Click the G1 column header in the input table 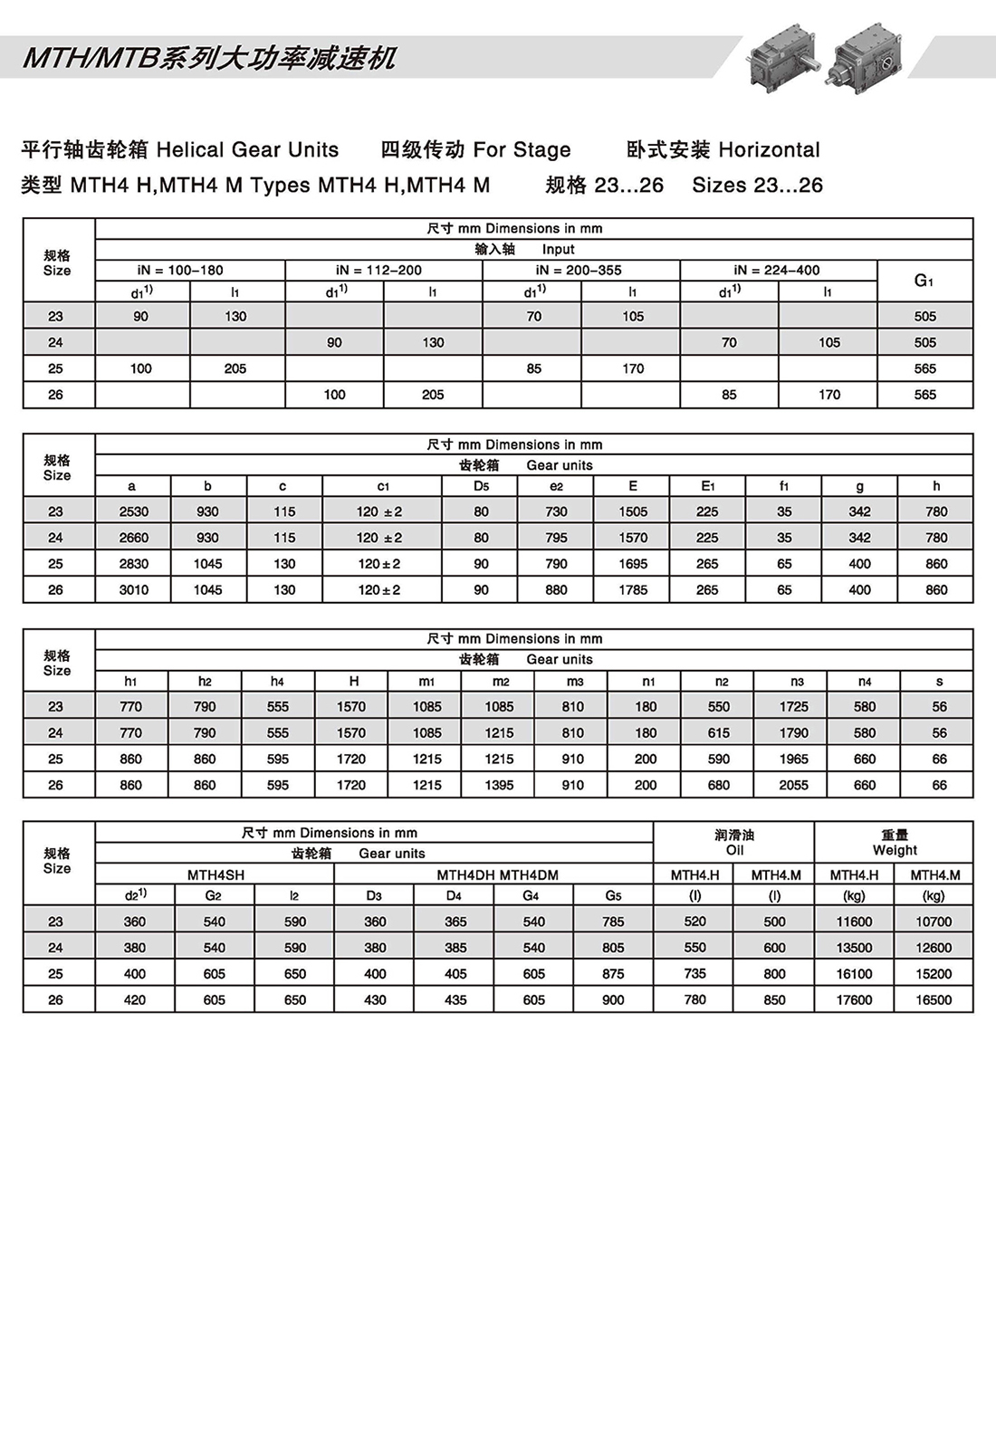924,281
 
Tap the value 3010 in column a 133,589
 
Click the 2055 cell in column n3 793,785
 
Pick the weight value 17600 854,999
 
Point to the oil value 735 694,973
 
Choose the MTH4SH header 215,874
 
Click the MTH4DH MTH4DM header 497,874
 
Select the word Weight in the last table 895,850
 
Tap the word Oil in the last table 734,850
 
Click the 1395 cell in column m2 499,785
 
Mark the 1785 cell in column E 633,589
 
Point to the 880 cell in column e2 556,589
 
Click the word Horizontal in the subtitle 769,149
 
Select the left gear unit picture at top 781,56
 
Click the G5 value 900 613,999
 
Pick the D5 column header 481,486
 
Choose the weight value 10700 934,922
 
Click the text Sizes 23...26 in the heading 757,185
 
